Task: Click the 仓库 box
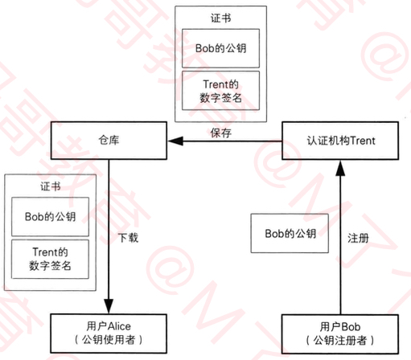tap(109, 141)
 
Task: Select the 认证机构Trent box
tap(340, 141)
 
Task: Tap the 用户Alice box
tap(109, 333)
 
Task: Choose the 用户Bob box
tap(340, 334)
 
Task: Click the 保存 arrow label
tap(221, 133)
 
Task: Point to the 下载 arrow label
tap(129, 238)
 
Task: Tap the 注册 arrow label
tap(358, 238)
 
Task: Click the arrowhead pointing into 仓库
tap(175, 141)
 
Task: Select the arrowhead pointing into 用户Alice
tap(109, 306)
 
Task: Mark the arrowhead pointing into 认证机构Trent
tap(340, 168)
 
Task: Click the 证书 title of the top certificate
tap(220, 18)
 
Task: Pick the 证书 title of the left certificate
tap(51, 186)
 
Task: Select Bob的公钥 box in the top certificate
tap(220, 48)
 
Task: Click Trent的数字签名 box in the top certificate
tap(220, 91)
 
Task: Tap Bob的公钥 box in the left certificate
tap(50, 217)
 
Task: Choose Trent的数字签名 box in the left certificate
tap(50, 259)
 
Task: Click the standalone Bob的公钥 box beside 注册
tap(290, 233)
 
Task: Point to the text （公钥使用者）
tap(109, 340)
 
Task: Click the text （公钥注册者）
tap(340, 341)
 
